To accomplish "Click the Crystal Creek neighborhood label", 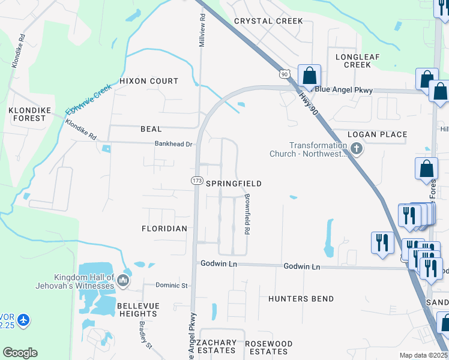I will point(268,21).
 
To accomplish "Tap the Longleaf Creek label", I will point(354,61).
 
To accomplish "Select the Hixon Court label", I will point(149,81).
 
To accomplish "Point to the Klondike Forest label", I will point(27,114).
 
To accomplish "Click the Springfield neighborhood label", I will point(234,184).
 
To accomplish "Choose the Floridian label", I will point(164,229).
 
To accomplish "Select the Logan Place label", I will point(378,134).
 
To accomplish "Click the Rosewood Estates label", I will point(269,347).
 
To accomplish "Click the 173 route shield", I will point(197,181).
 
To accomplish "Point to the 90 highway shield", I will point(284,74).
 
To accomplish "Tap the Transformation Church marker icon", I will point(357,149).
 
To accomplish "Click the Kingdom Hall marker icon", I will point(123,280).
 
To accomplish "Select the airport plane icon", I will point(23,320).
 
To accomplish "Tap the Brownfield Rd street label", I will point(246,214).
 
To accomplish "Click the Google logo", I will point(20,353).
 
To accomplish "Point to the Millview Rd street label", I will point(203,28).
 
